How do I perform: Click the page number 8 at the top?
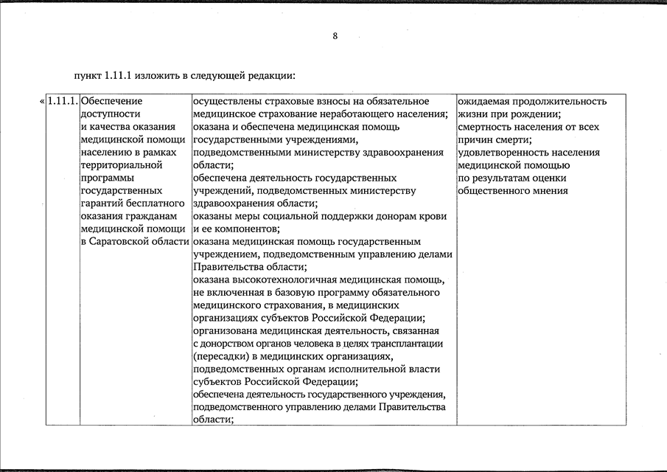tap(335, 36)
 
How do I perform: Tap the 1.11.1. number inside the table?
tap(63, 101)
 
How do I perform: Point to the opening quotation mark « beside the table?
tap(41, 101)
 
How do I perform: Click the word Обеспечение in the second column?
tap(111, 101)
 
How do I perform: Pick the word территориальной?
tap(120, 165)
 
